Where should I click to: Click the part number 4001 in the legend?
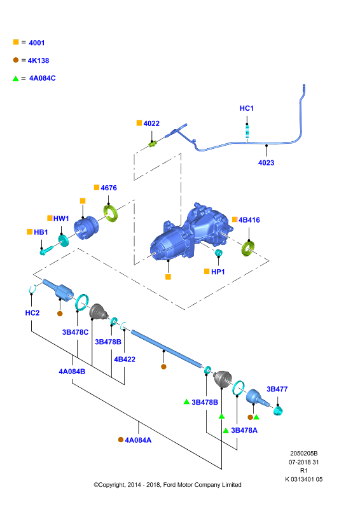(37, 43)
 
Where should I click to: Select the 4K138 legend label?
(38, 60)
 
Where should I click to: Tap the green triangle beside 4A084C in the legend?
(15, 78)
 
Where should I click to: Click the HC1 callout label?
(246, 108)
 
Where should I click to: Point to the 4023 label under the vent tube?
(266, 163)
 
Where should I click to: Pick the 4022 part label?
(151, 123)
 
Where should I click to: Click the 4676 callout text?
(108, 188)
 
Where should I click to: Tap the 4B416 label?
(249, 220)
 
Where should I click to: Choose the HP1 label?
(218, 272)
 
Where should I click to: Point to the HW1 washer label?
(61, 218)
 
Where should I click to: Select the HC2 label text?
(32, 312)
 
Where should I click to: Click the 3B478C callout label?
(75, 332)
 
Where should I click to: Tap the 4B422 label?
(124, 359)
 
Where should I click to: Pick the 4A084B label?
(72, 372)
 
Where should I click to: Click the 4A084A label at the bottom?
(138, 440)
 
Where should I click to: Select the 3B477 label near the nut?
(277, 389)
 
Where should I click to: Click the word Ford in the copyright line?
(170, 485)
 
